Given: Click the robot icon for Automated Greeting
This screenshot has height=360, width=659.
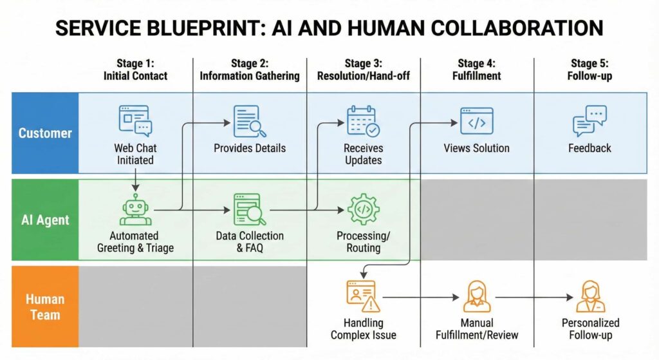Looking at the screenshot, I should (136, 211).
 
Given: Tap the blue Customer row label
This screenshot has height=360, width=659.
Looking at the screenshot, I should (45, 133).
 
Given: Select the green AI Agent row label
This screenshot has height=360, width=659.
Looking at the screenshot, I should (45, 220).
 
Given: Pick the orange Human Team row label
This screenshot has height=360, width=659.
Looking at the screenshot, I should (45, 307).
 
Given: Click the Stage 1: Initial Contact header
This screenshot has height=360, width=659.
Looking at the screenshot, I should (135, 70).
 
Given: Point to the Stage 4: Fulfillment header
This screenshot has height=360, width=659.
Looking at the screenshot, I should (477, 70).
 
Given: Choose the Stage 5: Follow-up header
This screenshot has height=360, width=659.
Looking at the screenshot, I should (589, 70).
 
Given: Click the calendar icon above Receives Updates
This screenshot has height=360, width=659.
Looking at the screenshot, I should (363, 121).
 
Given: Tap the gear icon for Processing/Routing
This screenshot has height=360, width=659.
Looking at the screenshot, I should (363, 209).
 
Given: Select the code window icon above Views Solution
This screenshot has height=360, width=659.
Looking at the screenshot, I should (476, 121).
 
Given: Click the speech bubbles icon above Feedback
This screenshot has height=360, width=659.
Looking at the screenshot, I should (589, 121).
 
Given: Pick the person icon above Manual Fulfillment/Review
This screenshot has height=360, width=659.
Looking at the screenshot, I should (477, 296).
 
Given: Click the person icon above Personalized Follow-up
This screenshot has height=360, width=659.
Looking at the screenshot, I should (590, 296).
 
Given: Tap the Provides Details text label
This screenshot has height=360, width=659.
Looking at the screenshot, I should (250, 148).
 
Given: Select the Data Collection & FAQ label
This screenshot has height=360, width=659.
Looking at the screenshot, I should (250, 242).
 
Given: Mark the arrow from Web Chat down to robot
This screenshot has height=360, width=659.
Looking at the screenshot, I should (136, 182).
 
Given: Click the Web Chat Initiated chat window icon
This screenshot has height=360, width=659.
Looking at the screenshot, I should (135, 120).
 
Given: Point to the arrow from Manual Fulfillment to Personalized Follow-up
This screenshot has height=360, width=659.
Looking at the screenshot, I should (534, 297).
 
